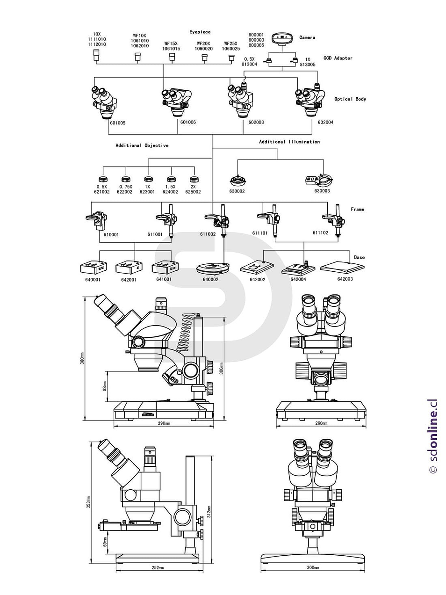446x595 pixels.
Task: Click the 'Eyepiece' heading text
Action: (200, 32)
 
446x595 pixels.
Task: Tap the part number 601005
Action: (117, 123)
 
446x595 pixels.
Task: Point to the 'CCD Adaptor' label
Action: (338, 58)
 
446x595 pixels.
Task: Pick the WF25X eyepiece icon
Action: (231, 58)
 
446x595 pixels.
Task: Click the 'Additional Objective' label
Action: (142, 145)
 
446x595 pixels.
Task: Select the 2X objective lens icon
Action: (194, 179)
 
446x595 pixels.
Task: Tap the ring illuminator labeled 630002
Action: (237, 180)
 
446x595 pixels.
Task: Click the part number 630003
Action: (322, 191)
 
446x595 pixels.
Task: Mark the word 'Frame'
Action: (357, 209)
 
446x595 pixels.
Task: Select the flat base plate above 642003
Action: (343, 267)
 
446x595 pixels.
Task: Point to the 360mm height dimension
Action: (82, 358)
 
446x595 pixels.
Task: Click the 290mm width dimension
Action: (164, 423)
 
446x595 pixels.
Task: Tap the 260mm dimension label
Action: (321, 423)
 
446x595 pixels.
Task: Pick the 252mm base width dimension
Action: (158, 568)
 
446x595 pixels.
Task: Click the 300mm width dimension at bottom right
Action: (313, 567)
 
